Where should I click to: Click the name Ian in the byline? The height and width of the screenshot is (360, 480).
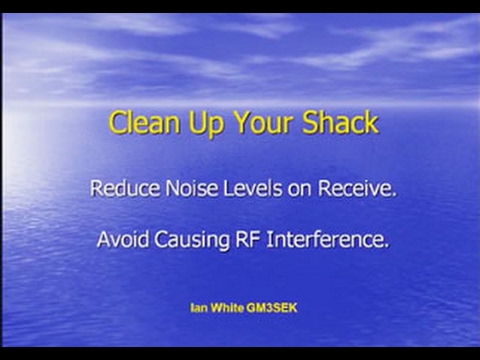[x=198, y=307]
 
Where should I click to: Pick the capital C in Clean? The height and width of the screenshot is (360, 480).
[x=117, y=123]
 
